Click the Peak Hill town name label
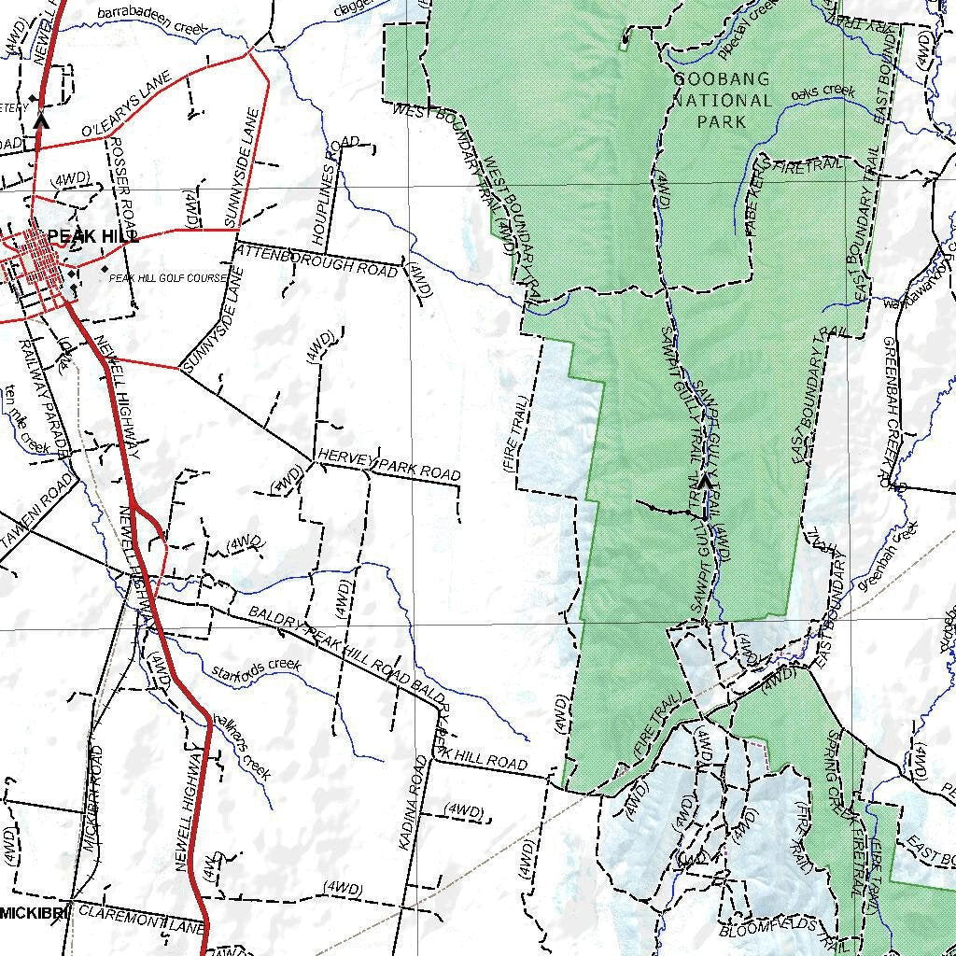(93, 236)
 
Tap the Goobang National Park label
(722, 101)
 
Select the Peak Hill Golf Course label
(168, 278)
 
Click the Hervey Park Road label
(389, 465)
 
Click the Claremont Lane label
(140, 920)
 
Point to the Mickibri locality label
(34, 912)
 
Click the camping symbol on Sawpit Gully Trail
(705, 480)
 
